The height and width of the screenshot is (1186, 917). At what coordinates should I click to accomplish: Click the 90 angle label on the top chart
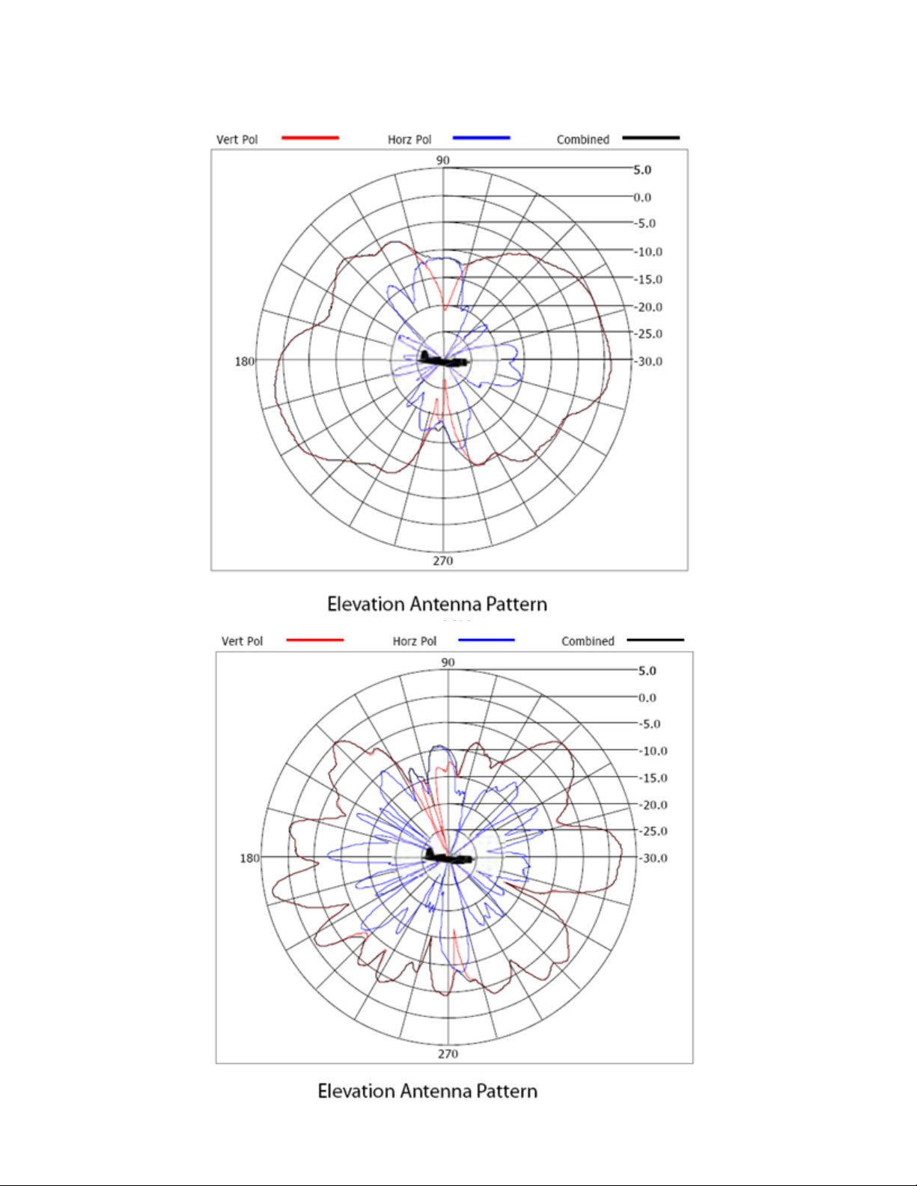(442, 160)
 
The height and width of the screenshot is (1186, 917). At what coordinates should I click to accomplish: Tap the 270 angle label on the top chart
(442, 560)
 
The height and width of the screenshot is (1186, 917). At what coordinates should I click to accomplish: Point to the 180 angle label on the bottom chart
(249, 858)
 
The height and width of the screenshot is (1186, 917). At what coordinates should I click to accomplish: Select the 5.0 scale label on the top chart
(642, 170)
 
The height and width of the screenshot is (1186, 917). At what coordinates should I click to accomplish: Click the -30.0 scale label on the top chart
(648, 361)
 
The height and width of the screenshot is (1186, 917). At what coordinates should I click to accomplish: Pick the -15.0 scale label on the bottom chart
(653, 777)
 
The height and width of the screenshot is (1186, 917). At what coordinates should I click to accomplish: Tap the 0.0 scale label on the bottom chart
(648, 697)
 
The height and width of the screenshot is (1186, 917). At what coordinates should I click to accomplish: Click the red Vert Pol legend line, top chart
(310, 138)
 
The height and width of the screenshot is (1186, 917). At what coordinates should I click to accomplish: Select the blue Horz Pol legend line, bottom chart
(487, 640)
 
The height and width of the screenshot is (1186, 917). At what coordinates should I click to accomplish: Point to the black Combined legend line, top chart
(651, 138)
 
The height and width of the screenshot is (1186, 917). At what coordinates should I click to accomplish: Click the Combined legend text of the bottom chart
(588, 641)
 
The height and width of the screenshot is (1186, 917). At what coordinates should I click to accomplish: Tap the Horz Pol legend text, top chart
(409, 140)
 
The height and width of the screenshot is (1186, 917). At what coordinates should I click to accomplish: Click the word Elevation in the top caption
(366, 604)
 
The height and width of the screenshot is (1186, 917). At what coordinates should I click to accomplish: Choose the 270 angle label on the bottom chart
(448, 1054)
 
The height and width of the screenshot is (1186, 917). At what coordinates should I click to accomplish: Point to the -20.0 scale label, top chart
(648, 307)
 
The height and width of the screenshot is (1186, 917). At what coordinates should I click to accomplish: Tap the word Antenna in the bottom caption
(436, 1091)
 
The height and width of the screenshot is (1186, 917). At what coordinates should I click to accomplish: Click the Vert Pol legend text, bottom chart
(242, 641)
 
